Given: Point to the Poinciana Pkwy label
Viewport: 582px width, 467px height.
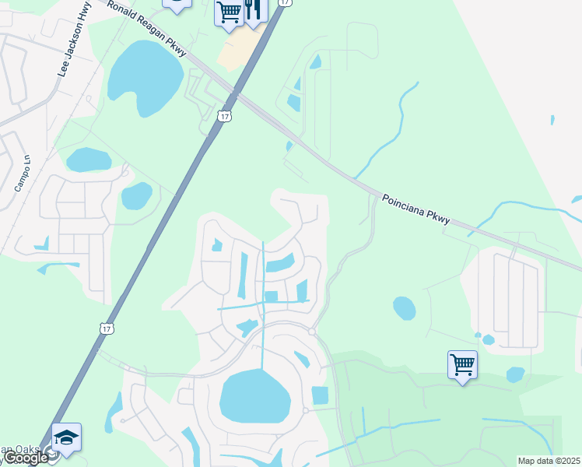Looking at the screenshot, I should [415, 210].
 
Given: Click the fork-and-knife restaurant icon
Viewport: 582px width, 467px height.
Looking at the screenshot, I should [254, 9].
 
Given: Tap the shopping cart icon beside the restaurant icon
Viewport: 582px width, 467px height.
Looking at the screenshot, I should [230, 13].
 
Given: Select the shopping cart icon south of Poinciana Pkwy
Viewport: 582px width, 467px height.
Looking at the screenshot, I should [462, 364].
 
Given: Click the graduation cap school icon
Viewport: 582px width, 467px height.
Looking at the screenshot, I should [66, 437].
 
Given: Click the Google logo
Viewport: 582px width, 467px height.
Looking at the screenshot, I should [25, 458].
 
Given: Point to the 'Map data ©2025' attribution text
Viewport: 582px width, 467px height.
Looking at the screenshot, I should [549, 461].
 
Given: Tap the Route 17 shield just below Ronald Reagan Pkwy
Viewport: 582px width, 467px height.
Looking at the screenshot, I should [224, 116].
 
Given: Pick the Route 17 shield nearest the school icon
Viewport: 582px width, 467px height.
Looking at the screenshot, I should [107, 329].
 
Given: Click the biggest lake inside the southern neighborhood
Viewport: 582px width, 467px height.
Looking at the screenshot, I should [254, 396].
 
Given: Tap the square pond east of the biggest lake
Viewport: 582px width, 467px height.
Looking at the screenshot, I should [320, 395].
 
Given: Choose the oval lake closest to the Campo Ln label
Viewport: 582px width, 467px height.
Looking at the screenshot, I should [89, 160].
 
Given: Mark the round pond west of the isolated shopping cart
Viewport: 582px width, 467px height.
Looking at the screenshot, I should [404, 308].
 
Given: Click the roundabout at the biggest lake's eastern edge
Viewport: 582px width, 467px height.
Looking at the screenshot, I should [305, 410].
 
